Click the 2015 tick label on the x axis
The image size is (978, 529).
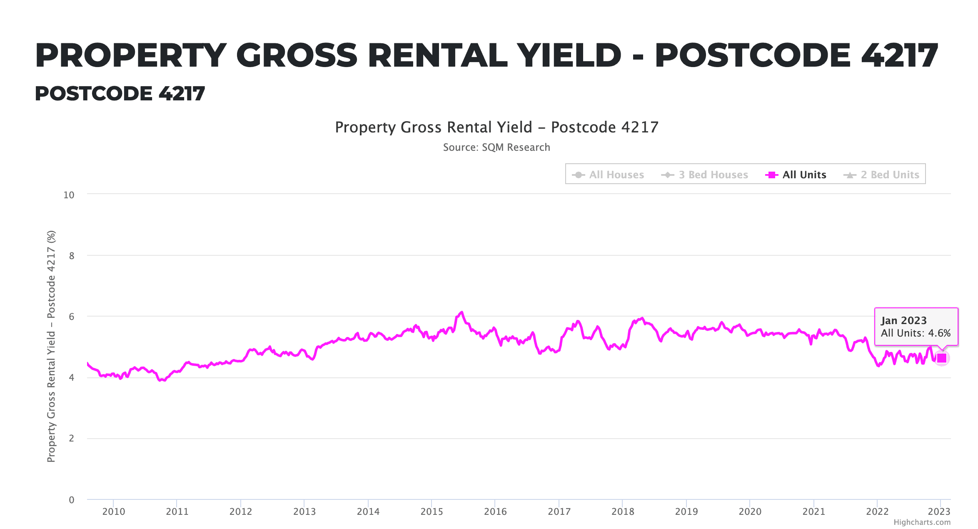coord(432,512)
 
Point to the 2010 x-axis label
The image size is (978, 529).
coord(113,512)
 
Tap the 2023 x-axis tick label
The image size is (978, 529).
coord(939,512)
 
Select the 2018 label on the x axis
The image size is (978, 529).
coord(622,512)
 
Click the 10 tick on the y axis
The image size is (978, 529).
coord(69,195)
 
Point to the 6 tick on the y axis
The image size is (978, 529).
coord(72,317)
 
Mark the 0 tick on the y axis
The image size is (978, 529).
coord(72,500)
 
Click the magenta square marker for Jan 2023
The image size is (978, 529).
coord(941,358)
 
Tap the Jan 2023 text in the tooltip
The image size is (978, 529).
coord(903,320)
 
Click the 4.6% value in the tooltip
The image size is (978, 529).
coord(939,333)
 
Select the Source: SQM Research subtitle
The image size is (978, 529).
coord(496,147)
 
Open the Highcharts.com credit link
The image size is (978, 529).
coord(922,522)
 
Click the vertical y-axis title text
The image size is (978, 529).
coord(51,346)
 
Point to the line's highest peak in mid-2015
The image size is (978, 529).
coord(462,312)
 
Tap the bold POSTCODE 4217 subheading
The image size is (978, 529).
coord(120,93)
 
